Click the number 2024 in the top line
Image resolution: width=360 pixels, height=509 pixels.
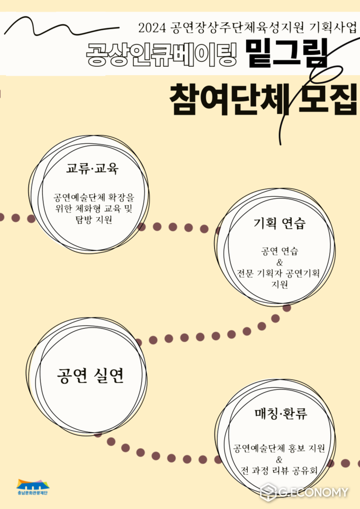152,28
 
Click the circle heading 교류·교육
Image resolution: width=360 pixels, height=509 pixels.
93,168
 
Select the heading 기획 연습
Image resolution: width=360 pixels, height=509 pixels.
280,223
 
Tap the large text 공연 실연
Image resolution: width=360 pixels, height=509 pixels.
91,376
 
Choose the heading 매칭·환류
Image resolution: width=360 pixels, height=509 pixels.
281,414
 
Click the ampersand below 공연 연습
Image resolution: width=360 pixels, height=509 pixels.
280,262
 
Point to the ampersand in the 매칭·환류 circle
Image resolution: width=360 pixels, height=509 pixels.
279,460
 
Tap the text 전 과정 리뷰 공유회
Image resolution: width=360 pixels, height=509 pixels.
279,470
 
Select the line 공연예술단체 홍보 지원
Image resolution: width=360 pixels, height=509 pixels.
279,449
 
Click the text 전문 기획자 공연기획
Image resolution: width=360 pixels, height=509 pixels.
278,274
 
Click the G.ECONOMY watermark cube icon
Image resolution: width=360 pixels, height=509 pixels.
268,492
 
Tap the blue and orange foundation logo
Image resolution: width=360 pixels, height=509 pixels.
33,484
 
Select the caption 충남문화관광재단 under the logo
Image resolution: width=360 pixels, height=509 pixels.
32,493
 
